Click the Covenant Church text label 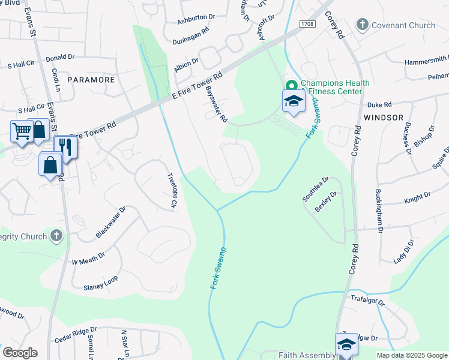[x=403, y=25]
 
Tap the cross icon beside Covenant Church [x=362, y=25]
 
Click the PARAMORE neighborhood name [x=91, y=79]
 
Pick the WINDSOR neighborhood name [x=384, y=118]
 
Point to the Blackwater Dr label [x=110, y=223]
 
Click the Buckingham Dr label [x=379, y=209]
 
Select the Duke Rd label [x=379, y=104]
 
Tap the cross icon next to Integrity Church [x=56, y=236]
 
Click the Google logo [x=20, y=352]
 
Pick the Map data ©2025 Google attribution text [x=411, y=355]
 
